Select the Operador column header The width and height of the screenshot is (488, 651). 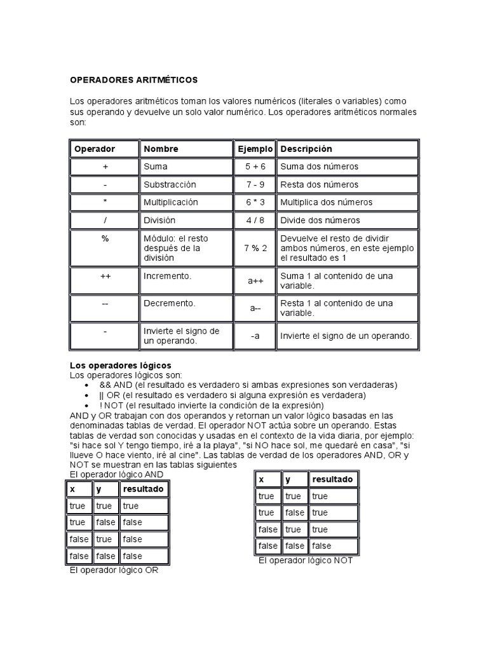tap(95, 149)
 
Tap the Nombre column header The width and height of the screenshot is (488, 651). tap(161, 149)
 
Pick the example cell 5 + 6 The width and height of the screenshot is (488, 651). tap(255, 167)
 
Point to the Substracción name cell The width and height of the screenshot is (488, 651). tap(170, 184)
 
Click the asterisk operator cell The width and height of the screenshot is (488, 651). tap(105, 202)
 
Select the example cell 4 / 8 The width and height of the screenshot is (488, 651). tap(255, 220)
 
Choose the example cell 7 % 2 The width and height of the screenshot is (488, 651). tap(255, 248)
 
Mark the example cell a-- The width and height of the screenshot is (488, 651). tap(255, 308)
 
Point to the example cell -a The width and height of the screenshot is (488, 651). tap(255, 336)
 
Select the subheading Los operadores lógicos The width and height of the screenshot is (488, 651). tap(120, 366)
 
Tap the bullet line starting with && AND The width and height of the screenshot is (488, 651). tap(248, 385)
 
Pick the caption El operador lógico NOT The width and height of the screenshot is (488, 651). tap(305, 561)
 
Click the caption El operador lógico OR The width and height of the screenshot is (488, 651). tap(114, 570)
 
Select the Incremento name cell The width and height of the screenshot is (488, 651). tap(168, 277)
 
